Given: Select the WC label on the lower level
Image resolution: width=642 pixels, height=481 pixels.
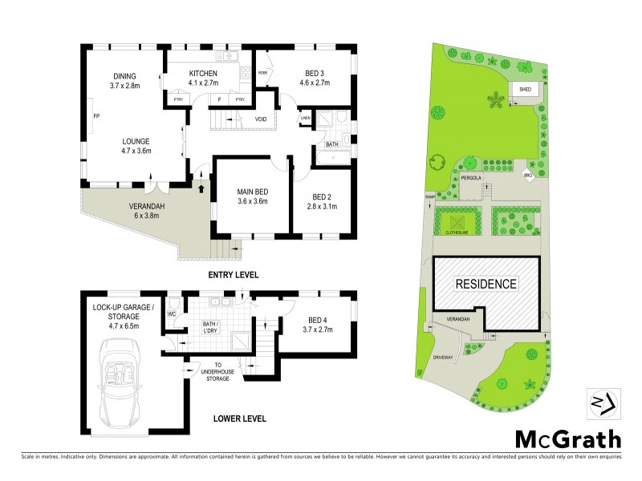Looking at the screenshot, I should tap(171, 313).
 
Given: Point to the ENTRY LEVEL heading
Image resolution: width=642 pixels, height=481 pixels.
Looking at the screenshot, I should tap(233, 274).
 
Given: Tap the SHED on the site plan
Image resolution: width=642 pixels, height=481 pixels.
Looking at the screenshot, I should tap(525, 90).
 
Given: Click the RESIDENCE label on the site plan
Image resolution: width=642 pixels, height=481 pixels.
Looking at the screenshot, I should tap(486, 284).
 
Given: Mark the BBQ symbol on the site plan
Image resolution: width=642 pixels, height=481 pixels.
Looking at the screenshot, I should tap(528, 176).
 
